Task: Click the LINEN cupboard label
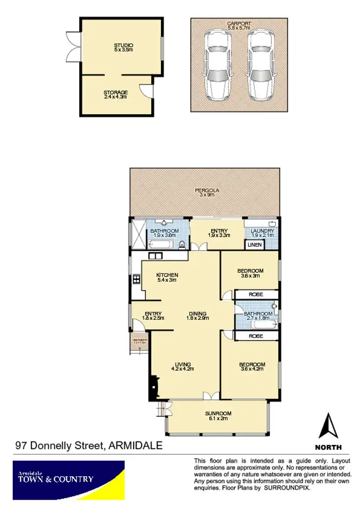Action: (254, 244)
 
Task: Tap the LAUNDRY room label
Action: (263, 232)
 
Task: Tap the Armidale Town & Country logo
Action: (68, 480)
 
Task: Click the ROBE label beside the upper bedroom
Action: (256, 295)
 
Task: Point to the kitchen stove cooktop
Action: (136, 280)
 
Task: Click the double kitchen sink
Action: (156, 256)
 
